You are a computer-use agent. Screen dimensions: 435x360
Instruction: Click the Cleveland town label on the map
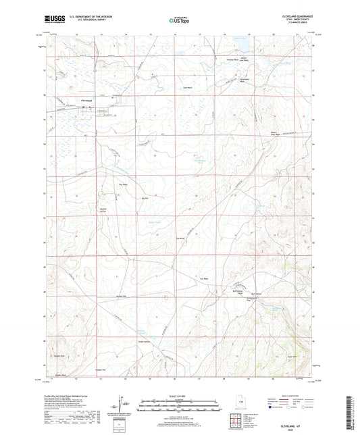(x=86, y=101)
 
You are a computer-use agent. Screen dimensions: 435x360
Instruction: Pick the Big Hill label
(x=144, y=198)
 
